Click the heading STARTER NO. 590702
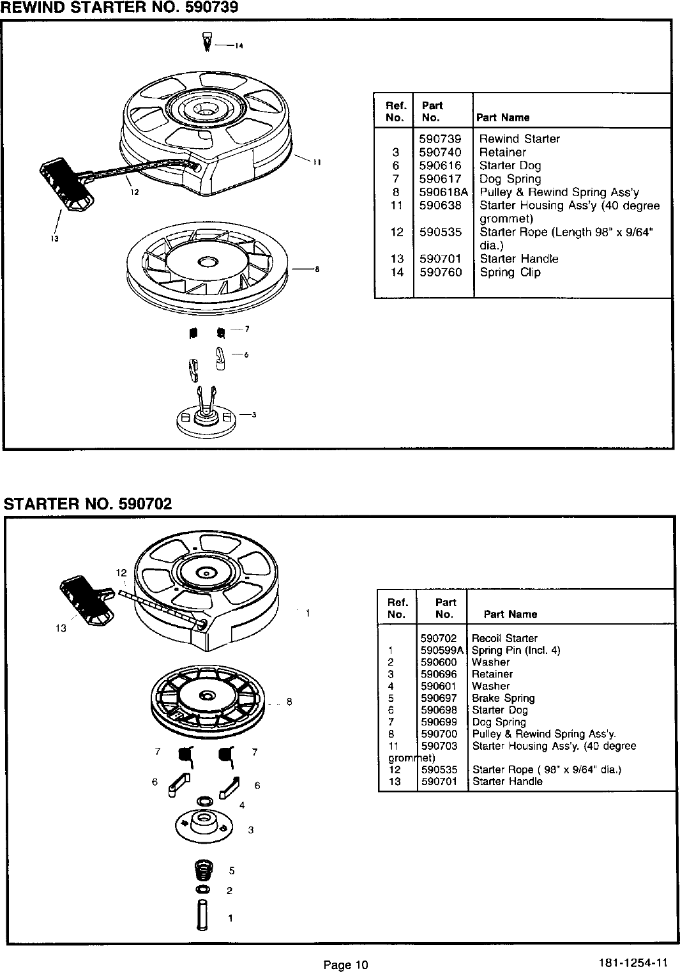pyautogui.click(x=88, y=504)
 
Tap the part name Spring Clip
pyautogui.click(x=510, y=272)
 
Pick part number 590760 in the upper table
pyautogui.click(x=441, y=272)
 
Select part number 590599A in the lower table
pyautogui.click(x=442, y=650)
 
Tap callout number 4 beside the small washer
pyautogui.click(x=242, y=805)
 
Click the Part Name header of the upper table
pyautogui.click(x=502, y=118)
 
